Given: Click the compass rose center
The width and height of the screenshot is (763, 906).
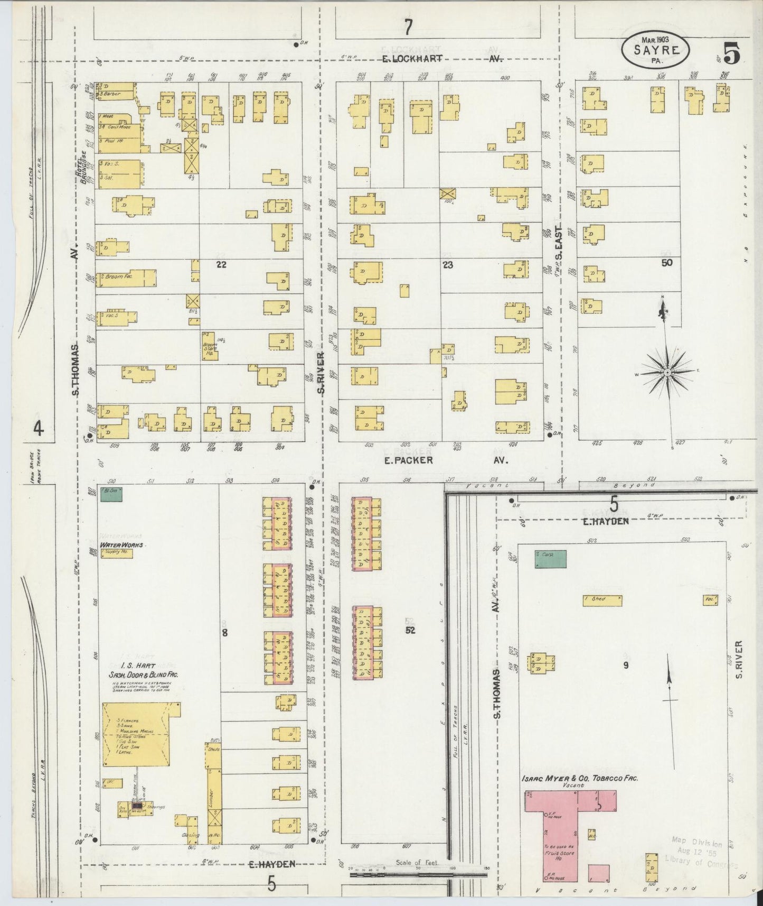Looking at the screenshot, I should tap(667, 373).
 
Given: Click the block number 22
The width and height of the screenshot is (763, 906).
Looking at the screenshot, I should tap(221, 265).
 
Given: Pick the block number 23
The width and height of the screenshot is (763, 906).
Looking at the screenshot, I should tap(448, 265).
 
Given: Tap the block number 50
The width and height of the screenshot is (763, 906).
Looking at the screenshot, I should tap(667, 262).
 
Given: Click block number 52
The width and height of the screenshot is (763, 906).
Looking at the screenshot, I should tap(410, 630).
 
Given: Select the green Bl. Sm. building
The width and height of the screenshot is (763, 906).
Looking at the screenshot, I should tap(111, 494).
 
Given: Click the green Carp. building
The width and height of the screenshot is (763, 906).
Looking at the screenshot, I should tap(550, 559).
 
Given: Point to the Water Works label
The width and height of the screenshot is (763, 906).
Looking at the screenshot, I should tap(121, 544).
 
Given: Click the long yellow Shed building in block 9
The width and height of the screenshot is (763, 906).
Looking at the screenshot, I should tap(602, 600).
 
